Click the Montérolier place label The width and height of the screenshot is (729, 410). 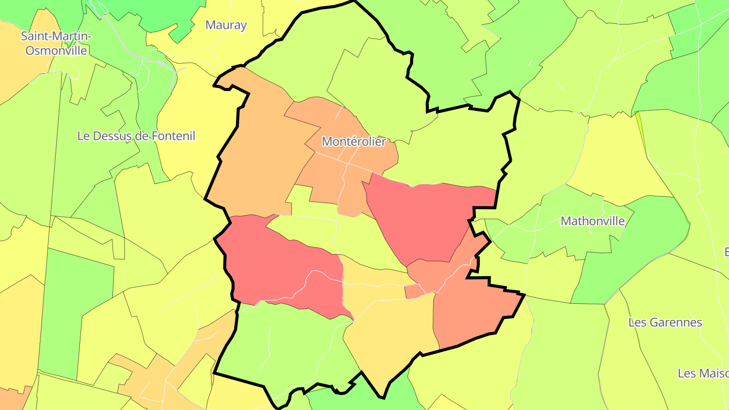(353, 142)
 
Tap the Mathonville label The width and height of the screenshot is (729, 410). (593, 221)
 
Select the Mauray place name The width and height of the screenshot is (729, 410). (226, 25)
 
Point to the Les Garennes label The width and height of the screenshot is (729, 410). (665, 322)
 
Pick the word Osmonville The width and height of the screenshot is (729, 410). (56, 51)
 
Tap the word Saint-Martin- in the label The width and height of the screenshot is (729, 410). (56, 36)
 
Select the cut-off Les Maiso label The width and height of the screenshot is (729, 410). (703, 374)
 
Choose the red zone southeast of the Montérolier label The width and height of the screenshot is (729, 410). (420, 218)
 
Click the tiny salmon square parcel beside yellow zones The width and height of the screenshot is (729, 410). (412, 292)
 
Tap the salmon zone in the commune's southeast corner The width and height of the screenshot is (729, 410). (471, 314)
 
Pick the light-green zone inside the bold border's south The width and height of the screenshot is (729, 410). (283, 344)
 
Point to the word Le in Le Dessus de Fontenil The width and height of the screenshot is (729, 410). (84, 136)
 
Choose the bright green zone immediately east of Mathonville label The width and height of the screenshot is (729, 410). (653, 228)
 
